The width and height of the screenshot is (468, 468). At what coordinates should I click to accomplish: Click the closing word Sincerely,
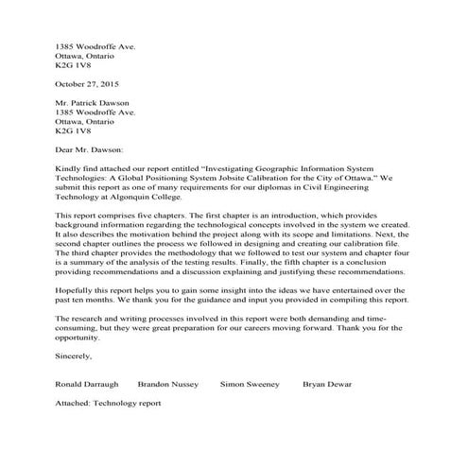[75, 355]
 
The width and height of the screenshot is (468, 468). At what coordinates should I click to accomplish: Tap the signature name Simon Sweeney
[251, 385]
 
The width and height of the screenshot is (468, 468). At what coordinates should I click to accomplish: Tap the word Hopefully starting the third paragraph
[78, 287]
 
